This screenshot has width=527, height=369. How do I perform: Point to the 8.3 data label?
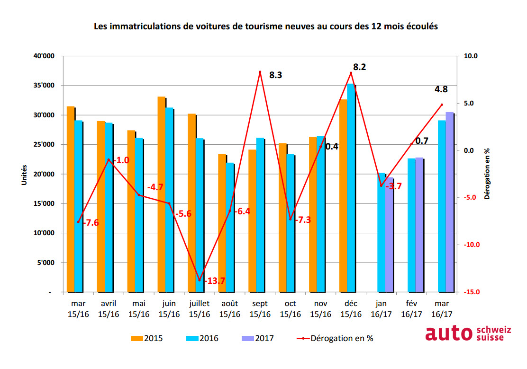[276, 75]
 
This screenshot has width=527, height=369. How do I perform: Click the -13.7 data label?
[214, 281]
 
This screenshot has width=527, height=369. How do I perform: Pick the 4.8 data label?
[441, 88]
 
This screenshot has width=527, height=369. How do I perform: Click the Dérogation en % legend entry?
[337, 338]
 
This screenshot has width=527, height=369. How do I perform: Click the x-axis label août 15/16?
[229, 309]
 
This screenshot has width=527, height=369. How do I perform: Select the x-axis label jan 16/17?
[381, 309]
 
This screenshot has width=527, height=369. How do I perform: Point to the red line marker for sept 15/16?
[260, 72]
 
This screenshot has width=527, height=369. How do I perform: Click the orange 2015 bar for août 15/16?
[222, 223]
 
